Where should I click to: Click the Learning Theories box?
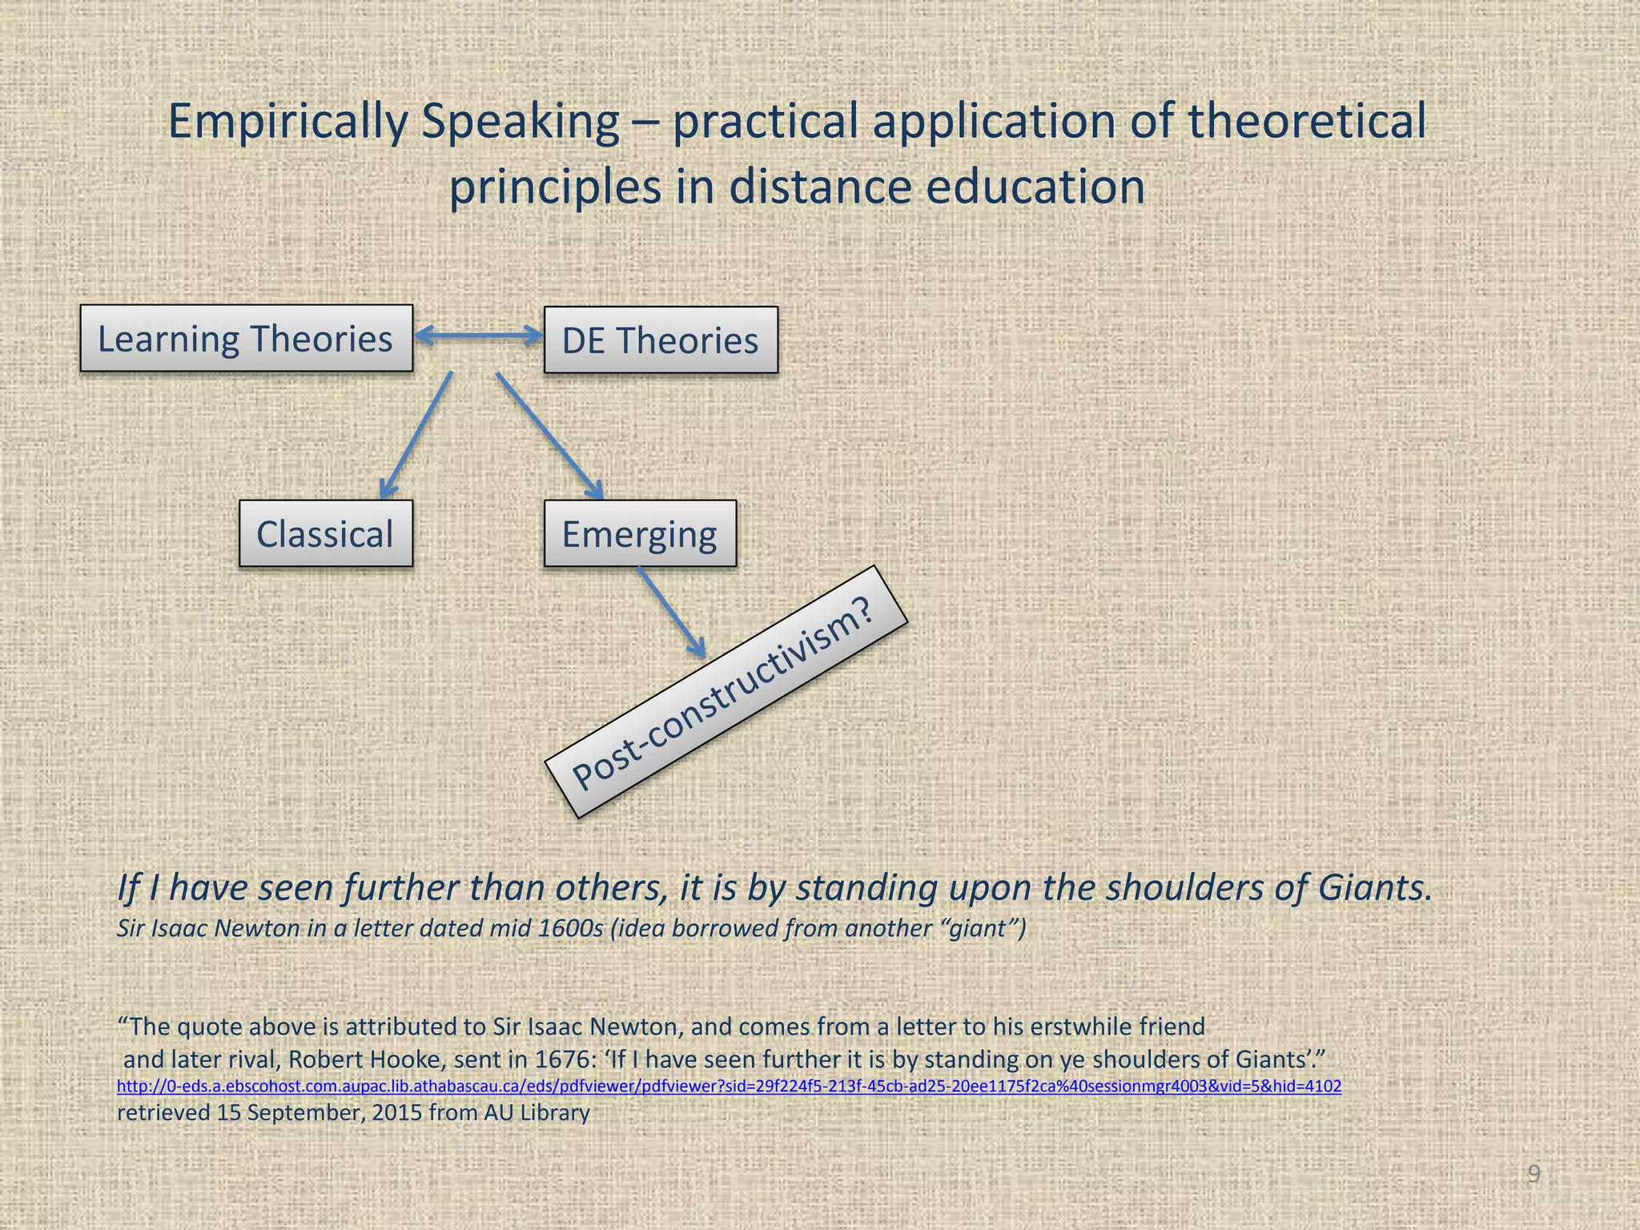click(x=246, y=338)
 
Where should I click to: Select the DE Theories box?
click(x=660, y=340)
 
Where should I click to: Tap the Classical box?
click(x=325, y=534)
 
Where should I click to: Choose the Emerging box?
click(x=639, y=534)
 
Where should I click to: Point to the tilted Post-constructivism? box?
click(x=726, y=692)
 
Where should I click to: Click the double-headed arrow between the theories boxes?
click(x=478, y=336)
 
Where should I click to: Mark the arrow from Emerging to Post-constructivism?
click(x=671, y=611)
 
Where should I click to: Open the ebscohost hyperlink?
click(x=729, y=1087)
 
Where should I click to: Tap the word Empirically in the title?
click(x=289, y=122)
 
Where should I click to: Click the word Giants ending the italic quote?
click(x=1374, y=888)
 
